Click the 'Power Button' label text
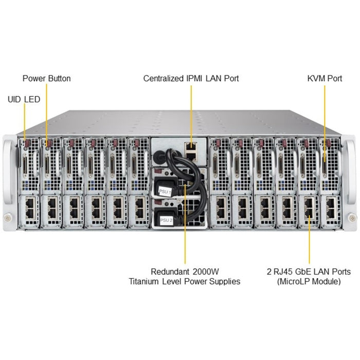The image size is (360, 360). [x=46, y=79]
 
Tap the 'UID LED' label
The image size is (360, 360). [x=24, y=99]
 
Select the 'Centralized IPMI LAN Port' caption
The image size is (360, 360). [x=191, y=79]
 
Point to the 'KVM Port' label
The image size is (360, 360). [x=325, y=79]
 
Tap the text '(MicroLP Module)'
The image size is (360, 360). [x=309, y=281]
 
